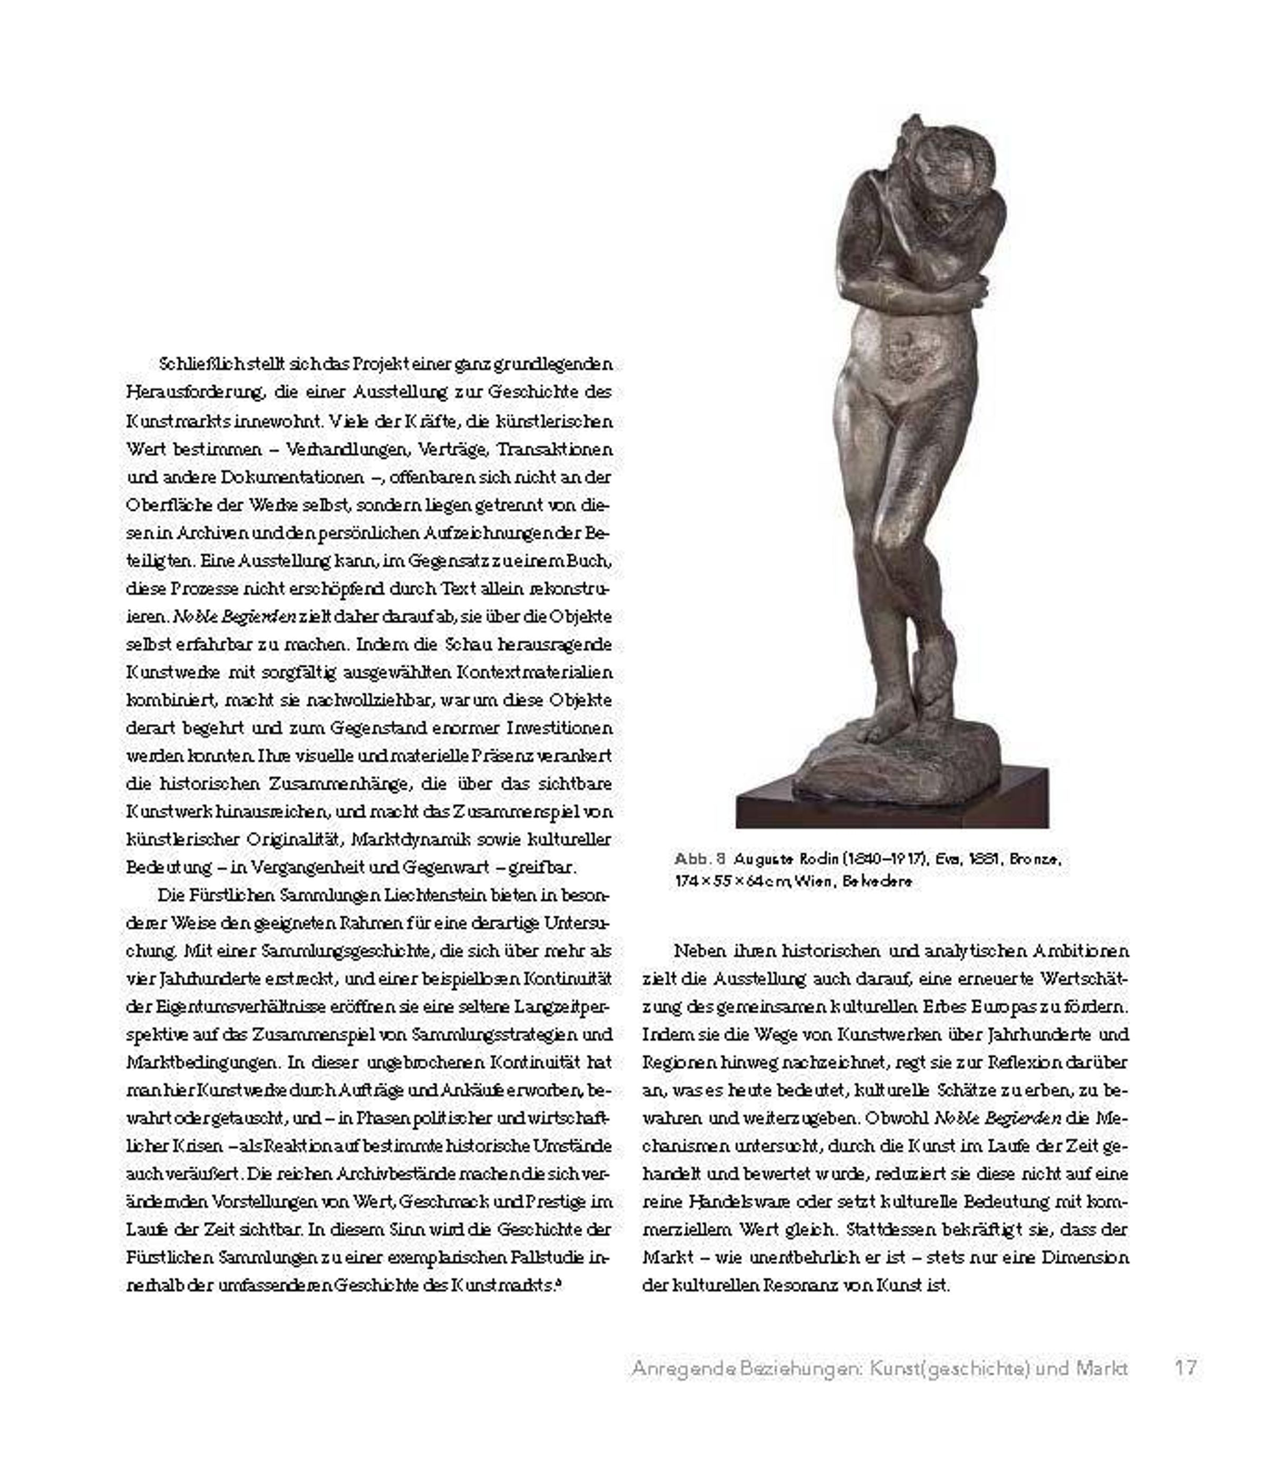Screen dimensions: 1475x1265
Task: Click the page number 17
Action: point(1185,1367)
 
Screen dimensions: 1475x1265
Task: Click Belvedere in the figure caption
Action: point(877,881)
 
